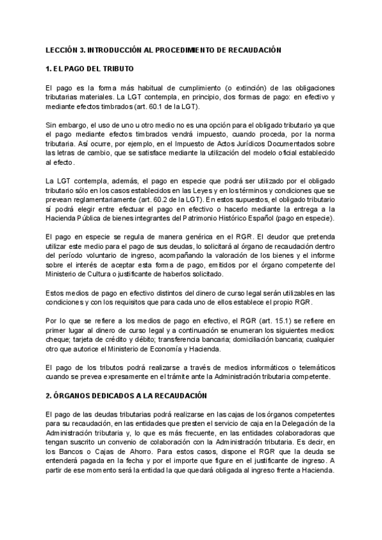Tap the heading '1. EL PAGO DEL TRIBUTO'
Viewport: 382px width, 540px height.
click(x=89, y=68)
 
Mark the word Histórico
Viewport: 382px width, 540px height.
click(x=232, y=218)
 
